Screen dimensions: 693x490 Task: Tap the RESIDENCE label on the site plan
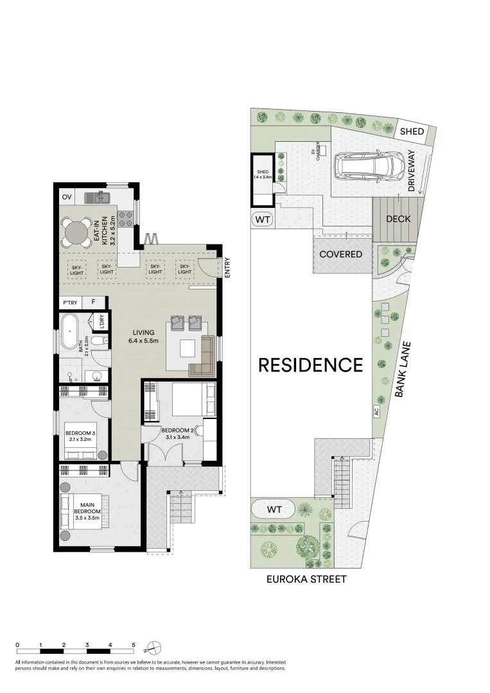(x=310, y=365)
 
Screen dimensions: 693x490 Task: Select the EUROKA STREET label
(x=306, y=579)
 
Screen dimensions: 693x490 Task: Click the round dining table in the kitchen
(x=76, y=230)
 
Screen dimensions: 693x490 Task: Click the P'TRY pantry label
(x=69, y=303)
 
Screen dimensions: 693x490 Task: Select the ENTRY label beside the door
(x=227, y=268)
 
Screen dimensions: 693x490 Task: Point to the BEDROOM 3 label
(x=80, y=437)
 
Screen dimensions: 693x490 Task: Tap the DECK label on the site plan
(x=398, y=219)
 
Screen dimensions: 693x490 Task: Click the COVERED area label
(x=341, y=254)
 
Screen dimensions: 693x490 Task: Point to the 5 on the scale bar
(x=133, y=644)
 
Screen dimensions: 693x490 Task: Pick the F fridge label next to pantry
(x=93, y=303)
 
